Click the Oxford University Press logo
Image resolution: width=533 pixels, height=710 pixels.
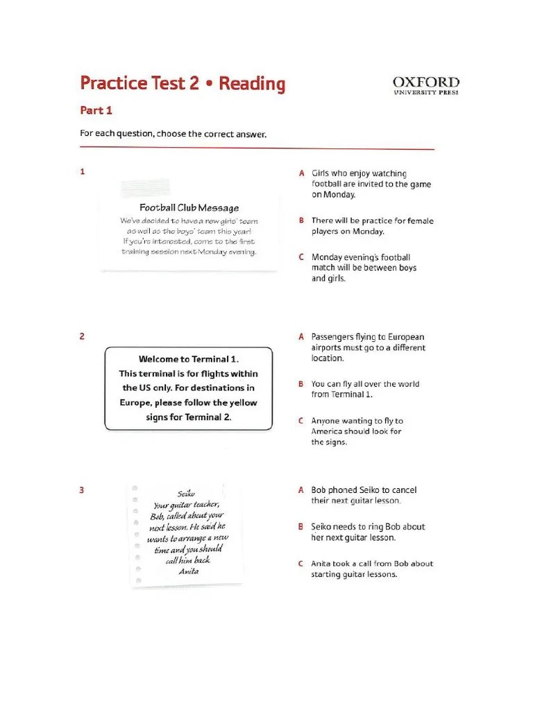(426, 86)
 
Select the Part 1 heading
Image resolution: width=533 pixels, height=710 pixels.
(96, 110)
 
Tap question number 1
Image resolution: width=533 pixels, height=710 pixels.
(83, 172)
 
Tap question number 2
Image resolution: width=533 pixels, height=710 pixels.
(83, 336)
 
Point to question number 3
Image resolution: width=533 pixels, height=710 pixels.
(83, 490)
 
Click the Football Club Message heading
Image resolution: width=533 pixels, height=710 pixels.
(189, 207)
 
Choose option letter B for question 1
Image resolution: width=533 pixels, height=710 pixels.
(302, 220)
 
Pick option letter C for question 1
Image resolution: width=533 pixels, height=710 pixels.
(302, 257)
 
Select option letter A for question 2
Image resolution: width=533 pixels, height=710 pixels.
(302, 337)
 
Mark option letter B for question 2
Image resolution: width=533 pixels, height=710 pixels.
(302, 383)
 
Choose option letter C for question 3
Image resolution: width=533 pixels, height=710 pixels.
(302, 564)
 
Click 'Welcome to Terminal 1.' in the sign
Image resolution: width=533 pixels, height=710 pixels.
(188, 359)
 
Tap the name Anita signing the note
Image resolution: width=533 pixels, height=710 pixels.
(188, 571)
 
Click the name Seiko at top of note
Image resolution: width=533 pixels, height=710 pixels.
(187, 494)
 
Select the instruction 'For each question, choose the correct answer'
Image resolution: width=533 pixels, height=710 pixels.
(174, 134)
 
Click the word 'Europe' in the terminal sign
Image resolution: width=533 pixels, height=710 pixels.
(136, 403)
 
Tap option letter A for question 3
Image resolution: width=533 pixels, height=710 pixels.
(302, 490)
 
